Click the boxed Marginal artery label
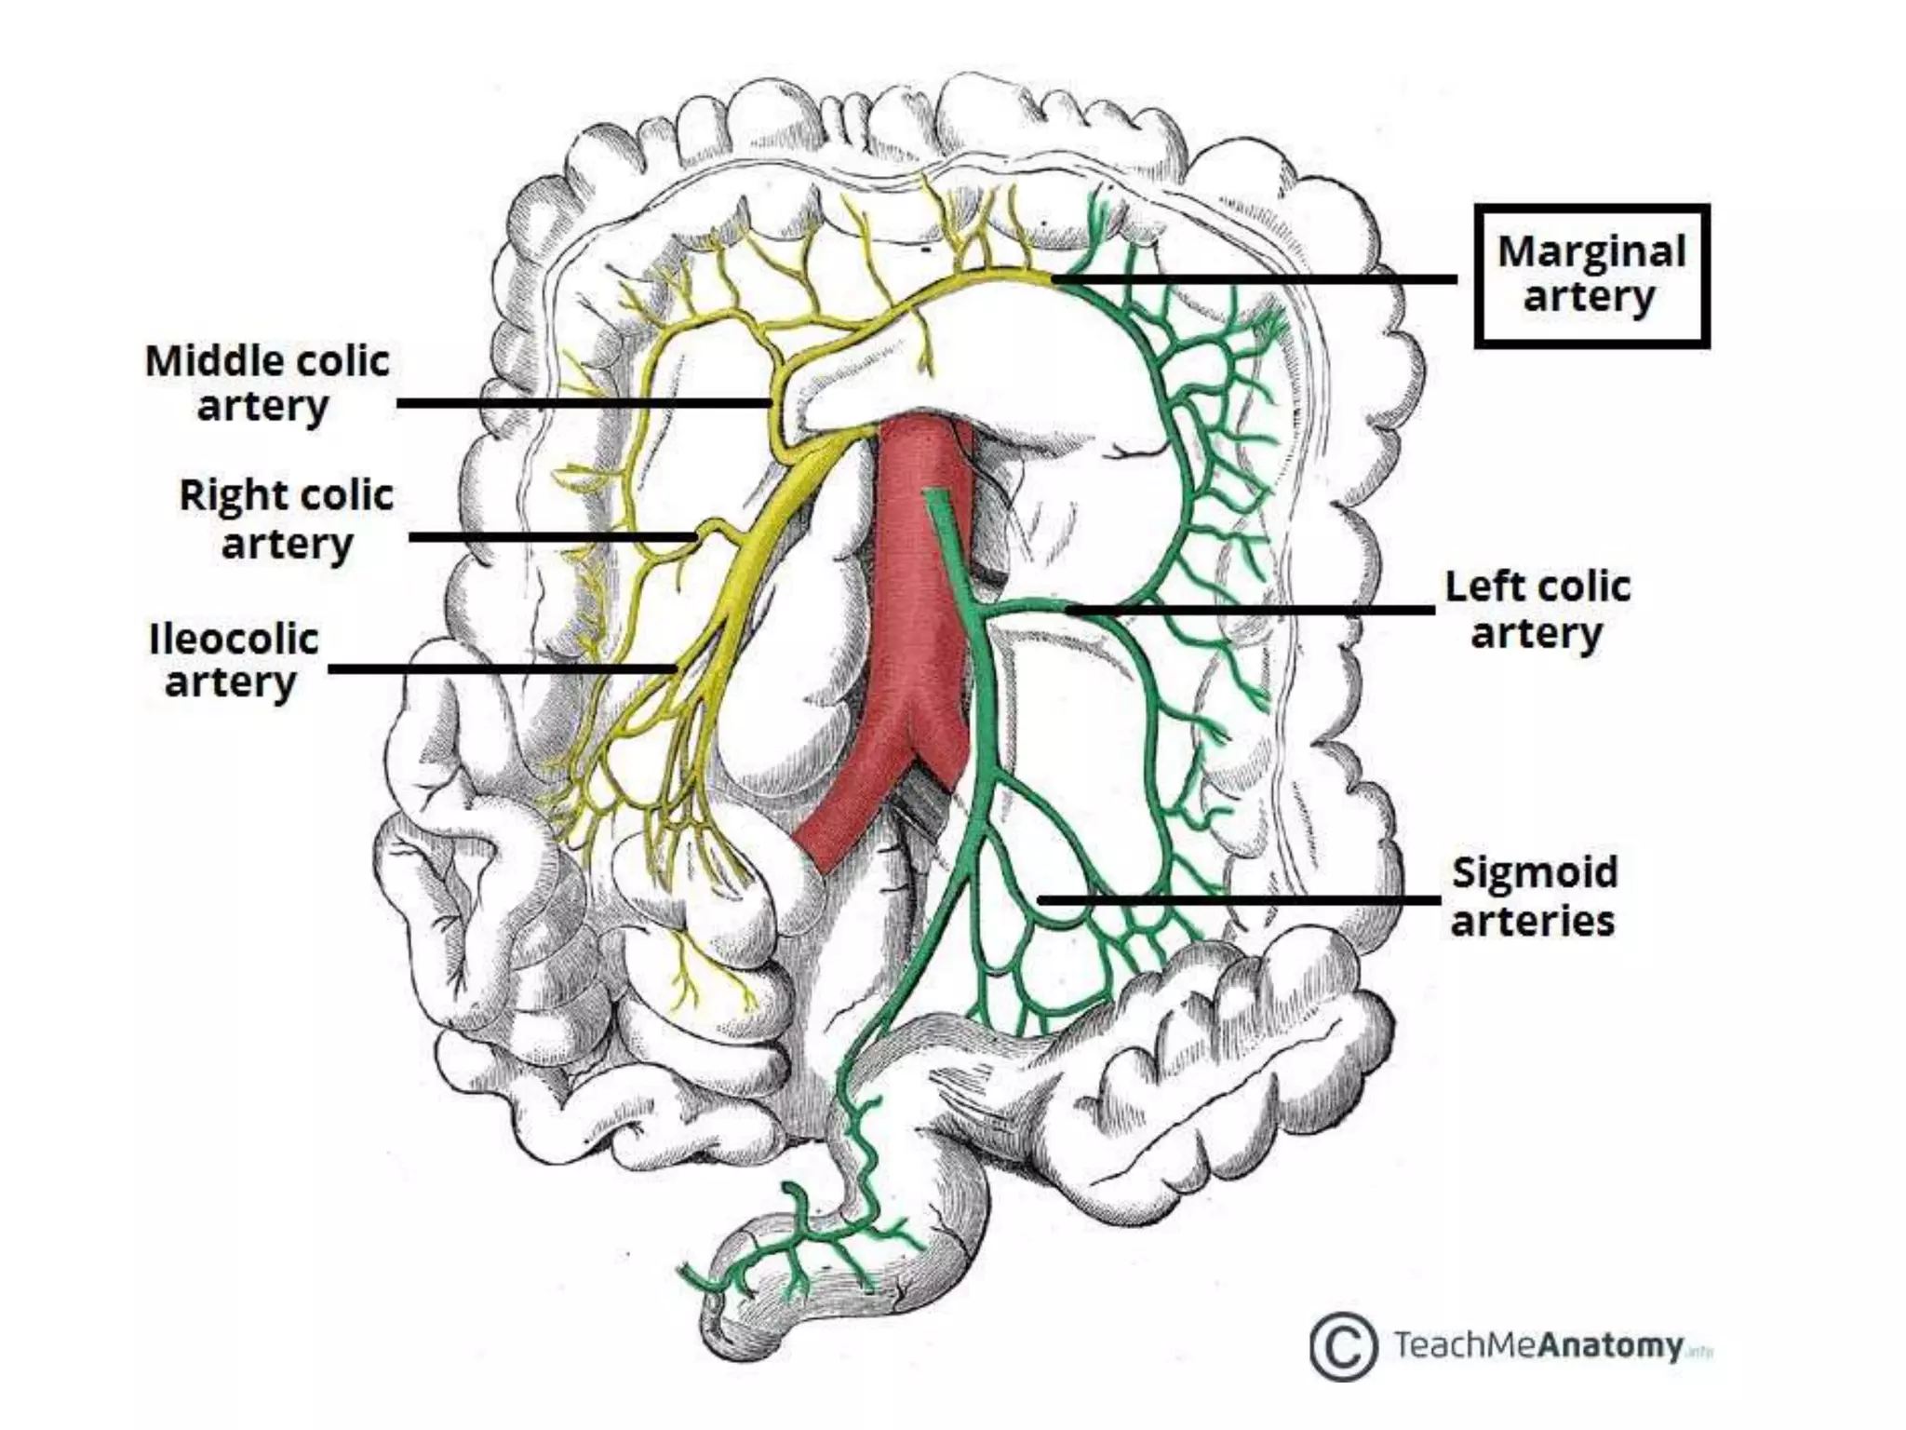1591,276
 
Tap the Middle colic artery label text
267,384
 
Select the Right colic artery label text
286,519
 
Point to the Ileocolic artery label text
233,660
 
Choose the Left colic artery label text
1537,611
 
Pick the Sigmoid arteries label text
1534,897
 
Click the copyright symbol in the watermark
1343,1346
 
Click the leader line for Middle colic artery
584,403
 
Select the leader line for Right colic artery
553,537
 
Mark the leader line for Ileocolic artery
503,668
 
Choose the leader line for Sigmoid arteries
1240,900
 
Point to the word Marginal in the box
1591,251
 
